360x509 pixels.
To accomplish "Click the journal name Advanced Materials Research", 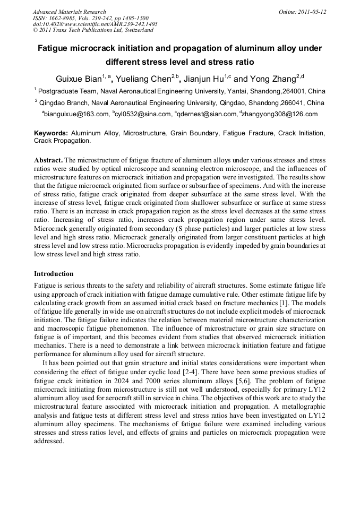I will click(69, 12).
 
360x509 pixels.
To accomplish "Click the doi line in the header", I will click(95, 24).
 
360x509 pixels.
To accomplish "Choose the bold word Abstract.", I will click(48, 160).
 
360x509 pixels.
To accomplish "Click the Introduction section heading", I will click(54, 274).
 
